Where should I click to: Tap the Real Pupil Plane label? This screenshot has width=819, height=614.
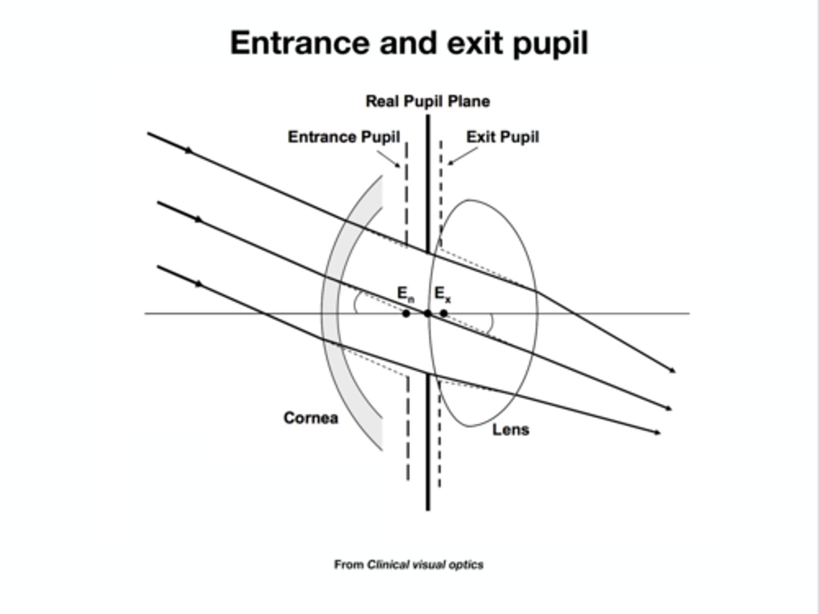tap(428, 101)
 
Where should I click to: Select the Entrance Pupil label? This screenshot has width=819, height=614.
tap(344, 137)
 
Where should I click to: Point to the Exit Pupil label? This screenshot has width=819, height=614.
tap(502, 137)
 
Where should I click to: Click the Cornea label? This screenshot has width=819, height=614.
tap(311, 418)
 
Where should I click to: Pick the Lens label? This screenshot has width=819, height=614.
tap(510, 430)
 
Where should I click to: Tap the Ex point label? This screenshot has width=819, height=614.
tap(442, 294)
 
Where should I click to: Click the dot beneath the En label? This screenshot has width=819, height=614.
tap(406, 313)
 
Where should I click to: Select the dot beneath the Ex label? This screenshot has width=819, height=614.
tap(444, 313)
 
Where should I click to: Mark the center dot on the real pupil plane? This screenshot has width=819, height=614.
tap(428, 313)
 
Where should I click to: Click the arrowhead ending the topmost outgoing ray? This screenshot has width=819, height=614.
tap(673, 371)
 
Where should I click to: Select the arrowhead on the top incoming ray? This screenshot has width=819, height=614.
tap(189, 151)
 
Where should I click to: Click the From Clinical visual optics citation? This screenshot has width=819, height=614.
tap(408, 565)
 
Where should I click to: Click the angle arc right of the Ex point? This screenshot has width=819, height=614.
tap(491, 323)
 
